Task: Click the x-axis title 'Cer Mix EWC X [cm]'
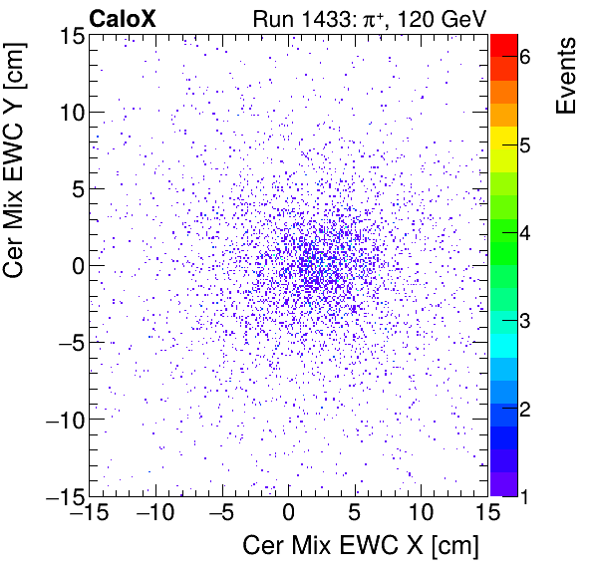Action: (x=361, y=546)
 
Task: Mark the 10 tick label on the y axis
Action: (x=69, y=112)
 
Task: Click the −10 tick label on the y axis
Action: (x=62, y=420)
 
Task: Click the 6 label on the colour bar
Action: (x=537, y=58)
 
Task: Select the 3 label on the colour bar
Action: (x=537, y=321)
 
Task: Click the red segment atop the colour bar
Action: (x=506, y=44)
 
